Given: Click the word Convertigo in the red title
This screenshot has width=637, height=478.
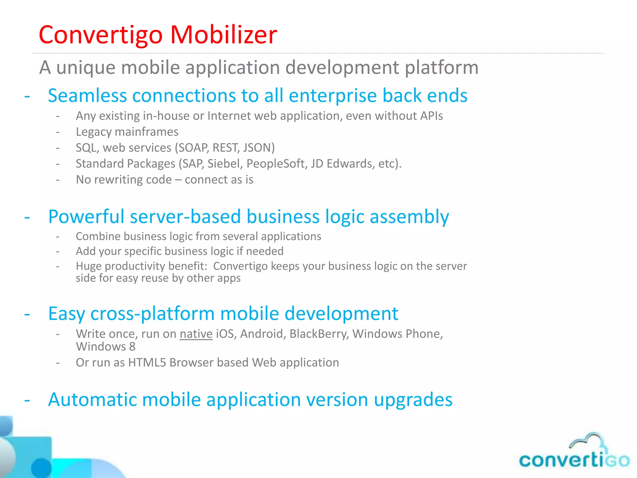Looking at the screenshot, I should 100,35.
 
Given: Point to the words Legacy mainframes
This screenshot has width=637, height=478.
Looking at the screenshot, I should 127,132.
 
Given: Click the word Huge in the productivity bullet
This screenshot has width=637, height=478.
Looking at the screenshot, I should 89,266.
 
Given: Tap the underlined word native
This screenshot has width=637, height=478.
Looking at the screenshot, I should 196,334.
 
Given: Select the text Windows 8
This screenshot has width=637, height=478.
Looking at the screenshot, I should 106,347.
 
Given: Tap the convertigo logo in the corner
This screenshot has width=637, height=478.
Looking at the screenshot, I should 574,460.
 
